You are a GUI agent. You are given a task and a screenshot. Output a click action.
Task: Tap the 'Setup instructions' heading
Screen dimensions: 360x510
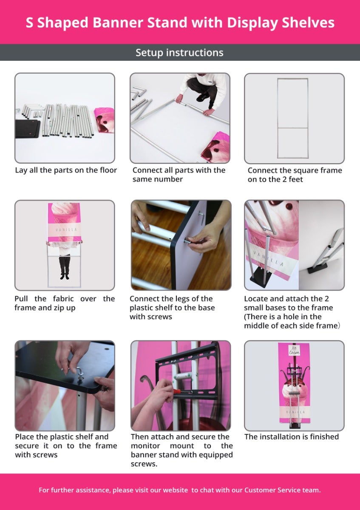click(179, 53)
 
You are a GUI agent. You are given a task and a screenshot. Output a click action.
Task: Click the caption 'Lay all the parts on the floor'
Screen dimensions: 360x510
click(66, 170)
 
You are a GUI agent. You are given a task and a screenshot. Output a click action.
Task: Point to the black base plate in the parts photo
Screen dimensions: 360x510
click(27, 129)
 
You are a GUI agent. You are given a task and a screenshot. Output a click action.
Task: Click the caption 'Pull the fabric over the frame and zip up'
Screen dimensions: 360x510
click(65, 303)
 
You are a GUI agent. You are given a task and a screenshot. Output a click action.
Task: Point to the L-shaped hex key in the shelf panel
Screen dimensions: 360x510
click(201, 218)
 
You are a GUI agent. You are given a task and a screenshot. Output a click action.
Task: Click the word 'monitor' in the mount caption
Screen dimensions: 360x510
click(145, 445)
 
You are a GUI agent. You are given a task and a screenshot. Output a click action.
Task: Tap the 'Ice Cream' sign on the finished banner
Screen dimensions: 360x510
click(294, 350)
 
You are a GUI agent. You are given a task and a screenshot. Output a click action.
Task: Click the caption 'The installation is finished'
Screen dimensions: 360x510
click(292, 437)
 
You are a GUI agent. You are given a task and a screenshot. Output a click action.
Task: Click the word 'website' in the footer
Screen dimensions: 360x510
click(176, 490)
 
